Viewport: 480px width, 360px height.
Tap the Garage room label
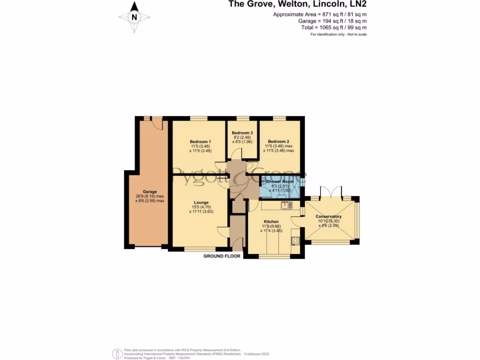pyautogui.click(x=150, y=191)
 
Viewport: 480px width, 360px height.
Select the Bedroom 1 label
pyautogui.click(x=200, y=142)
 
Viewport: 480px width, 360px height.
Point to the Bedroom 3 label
pyautogui.click(x=242, y=133)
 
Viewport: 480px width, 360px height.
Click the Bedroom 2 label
pyautogui.click(x=278, y=141)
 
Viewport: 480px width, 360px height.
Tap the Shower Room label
pyautogui.click(x=280, y=181)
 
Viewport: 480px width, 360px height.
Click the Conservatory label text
pyautogui.click(x=329, y=217)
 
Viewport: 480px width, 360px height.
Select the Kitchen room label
pyautogui.click(x=271, y=222)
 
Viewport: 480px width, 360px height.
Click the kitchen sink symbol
pyautogui.click(x=286, y=205)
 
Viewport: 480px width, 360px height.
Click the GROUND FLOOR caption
pyautogui.click(x=222, y=256)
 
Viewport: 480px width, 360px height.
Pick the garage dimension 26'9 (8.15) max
pyautogui.click(x=150, y=196)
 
